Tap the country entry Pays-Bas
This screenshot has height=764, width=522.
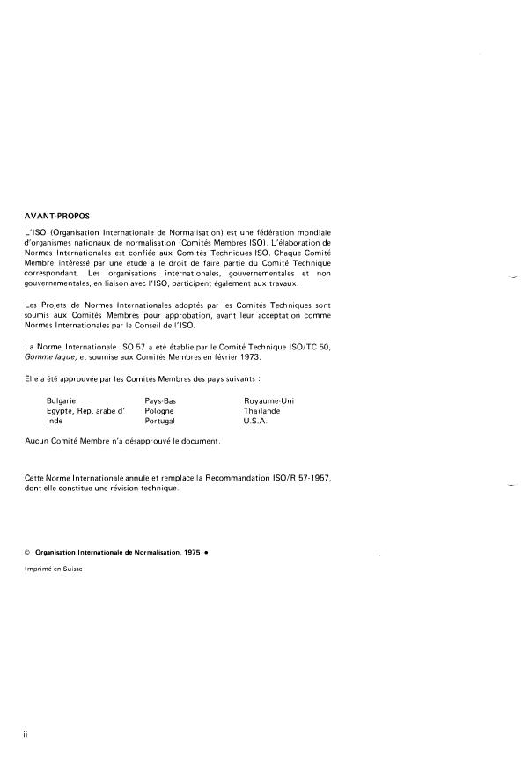point(160,400)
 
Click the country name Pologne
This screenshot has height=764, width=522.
point(159,410)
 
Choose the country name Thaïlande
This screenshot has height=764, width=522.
point(262,410)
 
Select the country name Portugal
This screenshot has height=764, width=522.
point(160,421)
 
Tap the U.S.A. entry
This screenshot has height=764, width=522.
point(258,421)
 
